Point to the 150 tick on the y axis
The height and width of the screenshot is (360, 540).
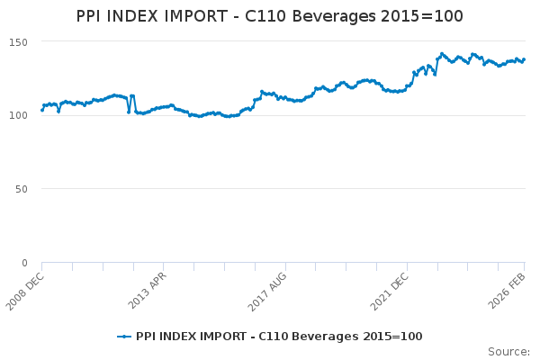[18, 42]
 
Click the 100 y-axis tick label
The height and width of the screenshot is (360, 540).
[18, 115]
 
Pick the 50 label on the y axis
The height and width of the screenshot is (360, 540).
[22, 189]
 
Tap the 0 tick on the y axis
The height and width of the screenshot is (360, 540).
[25, 263]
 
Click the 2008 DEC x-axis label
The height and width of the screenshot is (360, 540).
[27, 288]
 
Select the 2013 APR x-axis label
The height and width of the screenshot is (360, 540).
[148, 288]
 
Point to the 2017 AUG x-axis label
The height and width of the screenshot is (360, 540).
[270, 288]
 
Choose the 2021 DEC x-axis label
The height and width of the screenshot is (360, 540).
[391, 288]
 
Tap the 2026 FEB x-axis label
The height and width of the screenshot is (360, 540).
[510, 288]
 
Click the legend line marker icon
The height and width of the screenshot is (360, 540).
[124, 337]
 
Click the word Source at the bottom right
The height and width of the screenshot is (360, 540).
[508, 351]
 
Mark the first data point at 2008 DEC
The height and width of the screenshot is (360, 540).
[42, 110]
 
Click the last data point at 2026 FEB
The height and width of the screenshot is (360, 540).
[525, 59]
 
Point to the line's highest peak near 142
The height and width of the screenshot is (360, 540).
[442, 54]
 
